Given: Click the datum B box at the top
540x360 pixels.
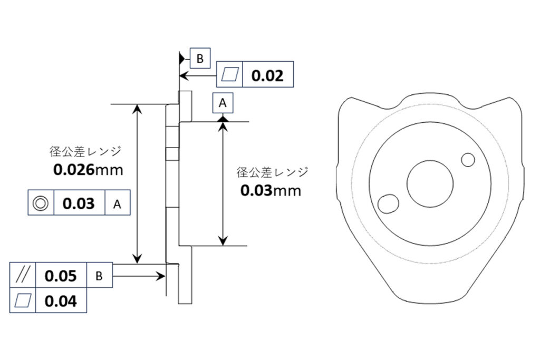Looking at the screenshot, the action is pyautogui.click(x=200, y=59).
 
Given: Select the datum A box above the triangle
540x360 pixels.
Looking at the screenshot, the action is pyautogui.click(x=223, y=103).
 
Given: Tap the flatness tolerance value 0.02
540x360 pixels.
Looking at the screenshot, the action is pyautogui.click(x=267, y=75).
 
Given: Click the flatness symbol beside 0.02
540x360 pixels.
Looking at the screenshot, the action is pyautogui.click(x=230, y=74).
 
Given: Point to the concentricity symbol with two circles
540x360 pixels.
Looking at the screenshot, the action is pyautogui.click(x=41, y=203).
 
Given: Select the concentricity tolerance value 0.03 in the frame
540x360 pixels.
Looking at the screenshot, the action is pyautogui.click(x=79, y=203).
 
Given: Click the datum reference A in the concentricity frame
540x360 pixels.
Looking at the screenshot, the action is pyautogui.click(x=117, y=205).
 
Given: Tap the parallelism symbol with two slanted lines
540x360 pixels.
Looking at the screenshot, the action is pyautogui.click(x=22, y=275).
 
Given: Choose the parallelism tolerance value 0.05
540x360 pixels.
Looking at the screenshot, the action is pyautogui.click(x=61, y=276).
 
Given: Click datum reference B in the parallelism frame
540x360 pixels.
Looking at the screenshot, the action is pyautogui.click(x=99, y=276).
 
